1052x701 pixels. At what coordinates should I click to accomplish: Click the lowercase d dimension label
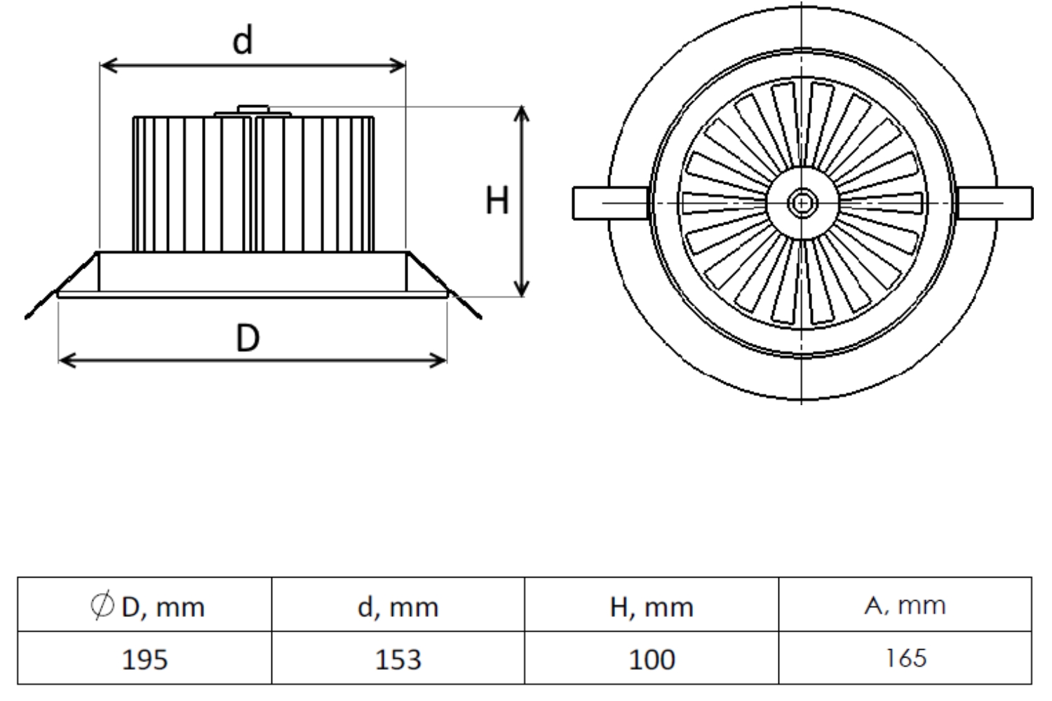click(243, 41)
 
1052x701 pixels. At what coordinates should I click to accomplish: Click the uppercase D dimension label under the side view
click(247, 339)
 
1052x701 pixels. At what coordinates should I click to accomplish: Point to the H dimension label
click(497, 202)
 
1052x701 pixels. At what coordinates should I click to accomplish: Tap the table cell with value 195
click(144, 659)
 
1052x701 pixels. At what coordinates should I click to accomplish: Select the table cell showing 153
click(398, 659)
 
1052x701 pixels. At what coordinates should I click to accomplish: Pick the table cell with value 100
click(652, 659)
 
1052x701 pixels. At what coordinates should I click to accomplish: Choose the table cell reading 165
click(905, 658)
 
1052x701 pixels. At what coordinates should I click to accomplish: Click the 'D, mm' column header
click(163, 606)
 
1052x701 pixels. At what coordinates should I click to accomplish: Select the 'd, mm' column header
click(398, 606)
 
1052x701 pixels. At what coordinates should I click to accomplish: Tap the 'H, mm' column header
click(652, 606)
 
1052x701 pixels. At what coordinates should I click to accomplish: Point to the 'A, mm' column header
click(905, 605)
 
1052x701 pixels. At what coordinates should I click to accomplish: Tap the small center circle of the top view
click(802, 203)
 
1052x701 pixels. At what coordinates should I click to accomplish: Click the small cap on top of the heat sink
click(252, 109)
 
